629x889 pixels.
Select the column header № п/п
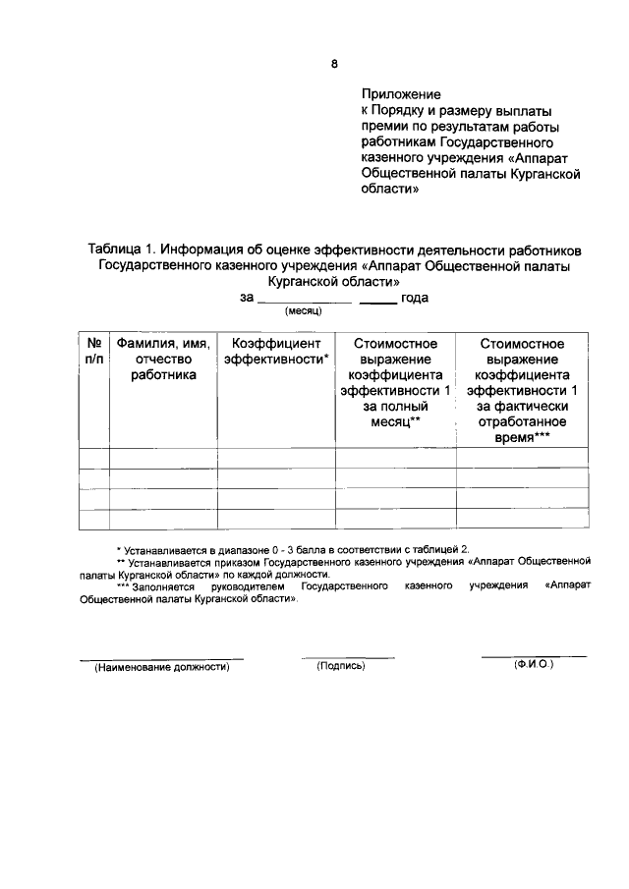click(x=93, y=352)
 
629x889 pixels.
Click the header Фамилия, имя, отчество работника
click(x=163, y=359)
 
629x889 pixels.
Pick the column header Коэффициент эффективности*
click(x=276, y=352)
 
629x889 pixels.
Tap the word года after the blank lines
click(x=422, y=298)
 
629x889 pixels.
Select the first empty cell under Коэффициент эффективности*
click(x=276, y=457)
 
